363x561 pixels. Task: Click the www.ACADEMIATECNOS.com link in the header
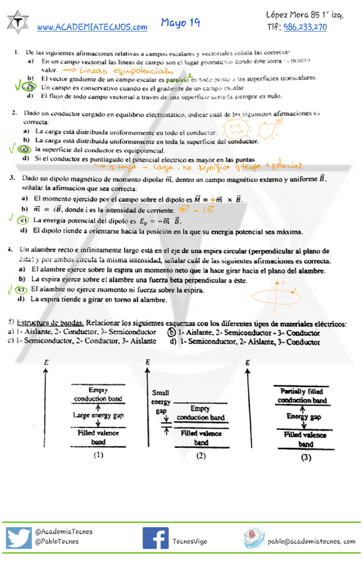92,27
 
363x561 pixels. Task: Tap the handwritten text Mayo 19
181,22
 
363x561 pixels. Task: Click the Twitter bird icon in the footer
19,537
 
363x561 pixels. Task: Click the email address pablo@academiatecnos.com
312,541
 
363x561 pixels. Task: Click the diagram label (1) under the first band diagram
98,455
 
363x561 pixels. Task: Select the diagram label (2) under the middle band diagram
200,455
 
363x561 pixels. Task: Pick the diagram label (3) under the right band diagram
305,456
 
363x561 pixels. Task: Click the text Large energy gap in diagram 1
98,415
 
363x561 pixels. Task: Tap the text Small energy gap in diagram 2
161,401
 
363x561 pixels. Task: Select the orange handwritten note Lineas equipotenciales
126,69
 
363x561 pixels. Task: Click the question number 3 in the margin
13,179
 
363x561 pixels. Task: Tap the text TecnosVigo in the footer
190,542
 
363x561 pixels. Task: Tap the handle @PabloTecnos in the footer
56,541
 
